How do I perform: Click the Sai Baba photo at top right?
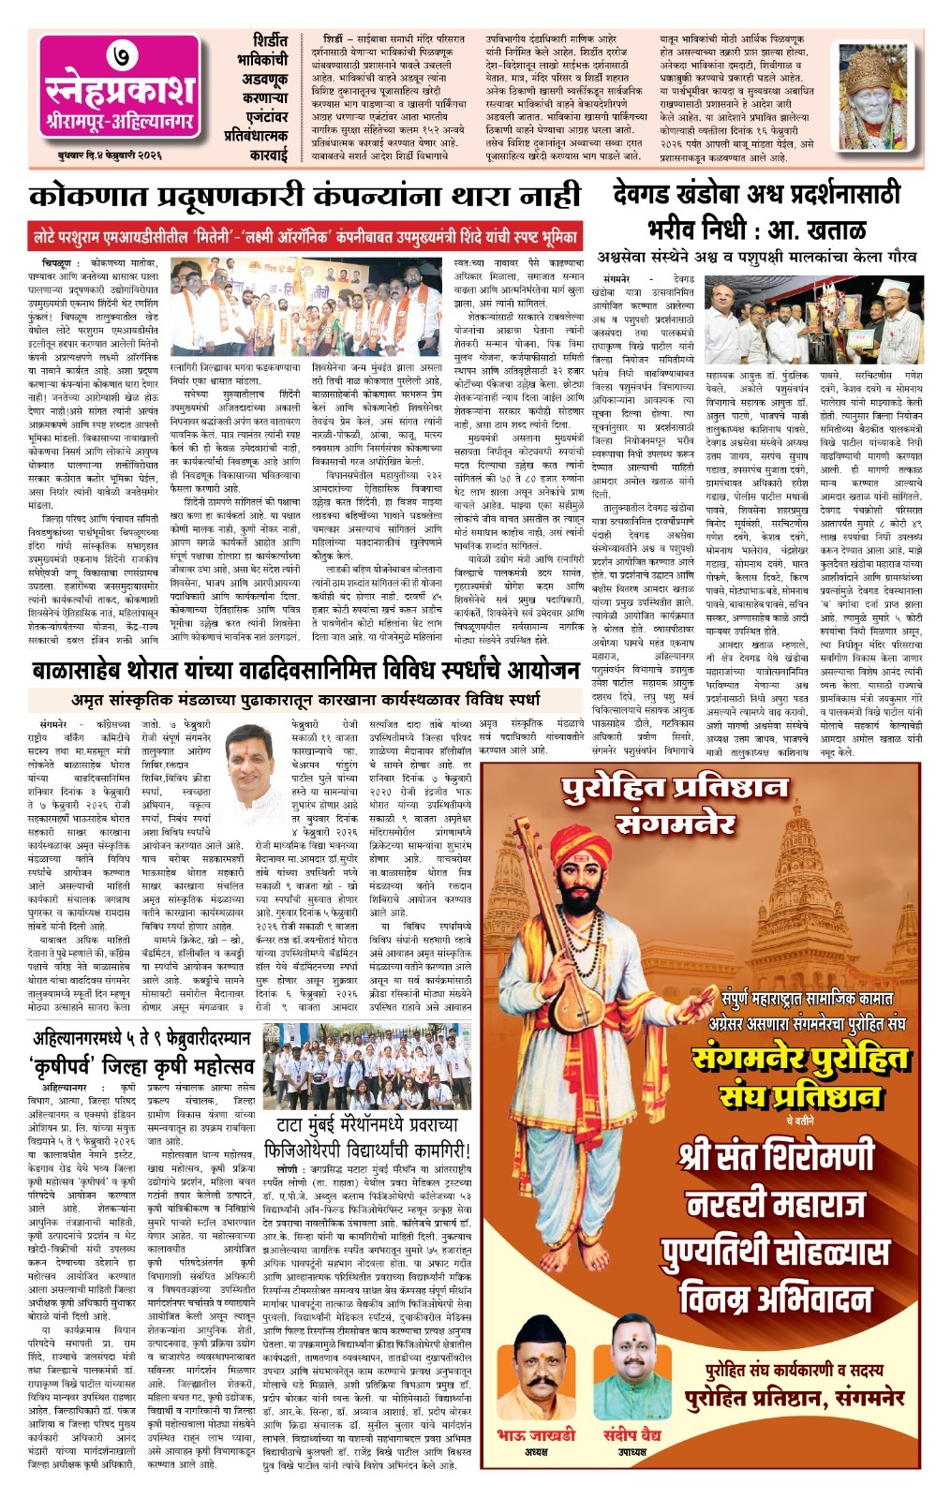tap(879, 96)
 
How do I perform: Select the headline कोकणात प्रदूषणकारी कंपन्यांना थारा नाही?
tap(305, 198)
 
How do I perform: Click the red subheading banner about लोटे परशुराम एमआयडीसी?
tap(305, 235)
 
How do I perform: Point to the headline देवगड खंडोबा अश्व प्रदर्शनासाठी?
tap(756, 195)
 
